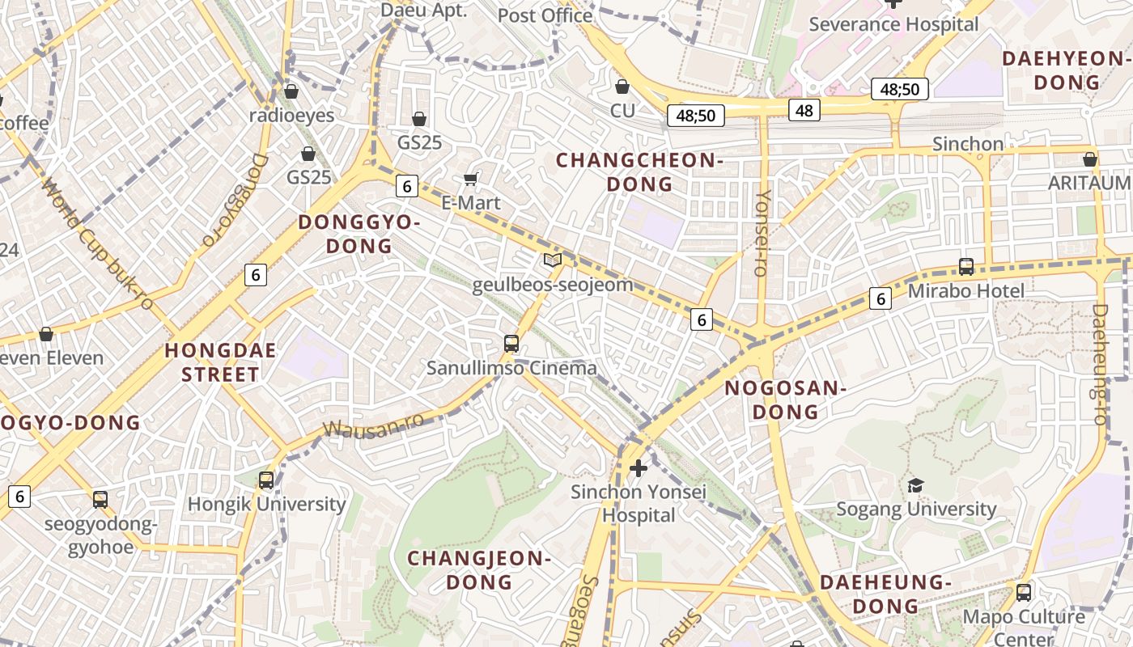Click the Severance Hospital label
point(893,24)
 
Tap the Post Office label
point(545,15)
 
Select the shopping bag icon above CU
point(622,86)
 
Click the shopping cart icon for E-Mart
point(471,179)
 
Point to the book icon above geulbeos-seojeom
point(553,260)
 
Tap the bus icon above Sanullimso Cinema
point(511,343)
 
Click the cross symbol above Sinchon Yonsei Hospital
point(639,467)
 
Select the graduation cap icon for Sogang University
point(915,485)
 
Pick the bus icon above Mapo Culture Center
point(1024,592)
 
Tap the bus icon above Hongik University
point(266,480)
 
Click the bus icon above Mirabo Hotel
point(965,266)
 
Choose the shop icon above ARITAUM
point(1090,159)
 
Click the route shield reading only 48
point(804,110)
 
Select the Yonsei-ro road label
point(762,233)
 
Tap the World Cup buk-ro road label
point(97,243)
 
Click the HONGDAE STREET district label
point(220,362)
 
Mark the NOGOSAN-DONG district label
point(784,400)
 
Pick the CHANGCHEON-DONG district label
point(639,172)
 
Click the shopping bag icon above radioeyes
point(291,91)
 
